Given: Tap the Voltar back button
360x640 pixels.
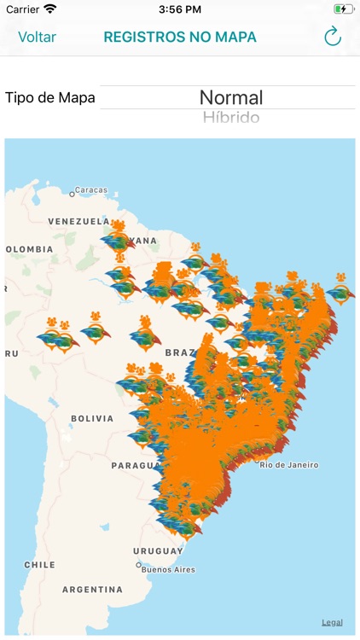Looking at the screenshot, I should pyautogui.click(x=38, y=37).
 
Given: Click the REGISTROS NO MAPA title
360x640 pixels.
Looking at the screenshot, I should pyautogui.click(x=180, y=37).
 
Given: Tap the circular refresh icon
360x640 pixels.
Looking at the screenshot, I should pyautogui.click(x=333, y=37).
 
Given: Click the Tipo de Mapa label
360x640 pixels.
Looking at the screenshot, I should pyautogui.click(x=50, y=97).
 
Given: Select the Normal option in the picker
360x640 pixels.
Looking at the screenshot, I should pyautogui.click(x=230, y=97).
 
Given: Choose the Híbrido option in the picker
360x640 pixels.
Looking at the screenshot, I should pyautogui.click(x=230, y=118).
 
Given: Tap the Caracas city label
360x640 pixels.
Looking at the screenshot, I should pyautogui.click(x=91, y=189).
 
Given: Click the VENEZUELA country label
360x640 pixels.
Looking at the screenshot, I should pyautogui.click(x=79, y=221).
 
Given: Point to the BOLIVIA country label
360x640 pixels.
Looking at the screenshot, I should pyautogui.click(x=92, y=419).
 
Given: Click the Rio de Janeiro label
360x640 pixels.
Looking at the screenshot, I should pyautogui.click(x=289, y=465).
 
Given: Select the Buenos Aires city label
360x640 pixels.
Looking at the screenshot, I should pyautogui.click(x=168, y=569).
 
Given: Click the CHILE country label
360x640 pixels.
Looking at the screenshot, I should pyautogui.click(x=39, y=564).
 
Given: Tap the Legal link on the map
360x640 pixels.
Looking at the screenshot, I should pyautogui.click(x=333, y=622).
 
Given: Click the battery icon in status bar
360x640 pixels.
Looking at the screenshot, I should pyautogui.click(x=343, y=9).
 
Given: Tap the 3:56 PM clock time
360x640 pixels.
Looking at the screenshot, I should pyautogui.click(x=179, y=9).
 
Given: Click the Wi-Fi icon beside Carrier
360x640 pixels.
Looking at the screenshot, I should pyautogui.click(x=50, y=9).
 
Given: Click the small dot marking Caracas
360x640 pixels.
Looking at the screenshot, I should pyautogui.click(x=72, y=194).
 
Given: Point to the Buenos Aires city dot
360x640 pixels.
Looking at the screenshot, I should pyautogui.click(x=138, y=564).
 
